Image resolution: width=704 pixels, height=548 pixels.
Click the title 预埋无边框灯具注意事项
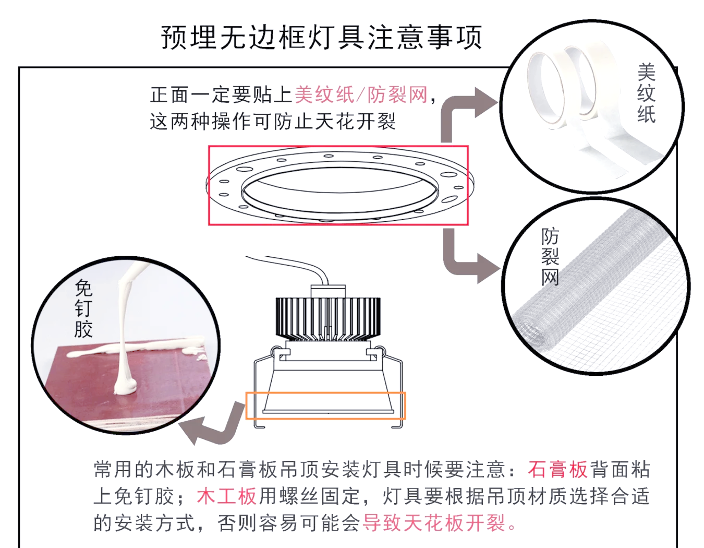coord(321,38)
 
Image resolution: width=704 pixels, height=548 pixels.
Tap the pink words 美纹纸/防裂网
coord(361,95)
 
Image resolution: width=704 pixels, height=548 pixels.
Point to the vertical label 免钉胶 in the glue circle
coord(83,308)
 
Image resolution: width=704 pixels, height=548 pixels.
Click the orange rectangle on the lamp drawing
coord(325,406)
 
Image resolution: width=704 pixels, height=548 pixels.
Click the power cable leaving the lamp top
coord(292,264)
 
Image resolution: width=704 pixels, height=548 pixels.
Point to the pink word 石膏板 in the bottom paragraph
coord(557,470)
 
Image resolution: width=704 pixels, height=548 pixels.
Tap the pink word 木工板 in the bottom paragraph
coord(227,496)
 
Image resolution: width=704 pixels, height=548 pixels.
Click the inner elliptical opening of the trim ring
coord(339,190)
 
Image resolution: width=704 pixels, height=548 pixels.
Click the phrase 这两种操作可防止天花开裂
coord(273,122)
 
